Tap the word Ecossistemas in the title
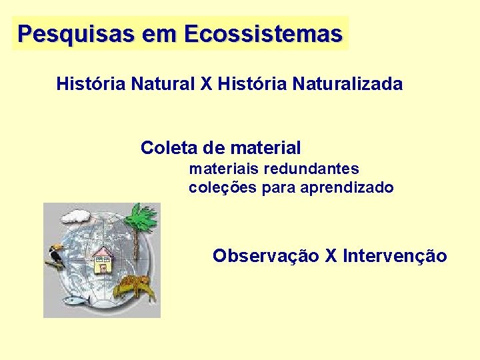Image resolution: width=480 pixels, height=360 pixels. (x=263, y=33)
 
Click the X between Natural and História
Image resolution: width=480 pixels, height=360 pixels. (x=205, y=84)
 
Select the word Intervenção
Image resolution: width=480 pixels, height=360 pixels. (x=395, y=256)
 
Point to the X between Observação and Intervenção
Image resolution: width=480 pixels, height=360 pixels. (x=331, y=256)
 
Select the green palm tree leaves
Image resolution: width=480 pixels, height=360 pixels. (x=141, y=217)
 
